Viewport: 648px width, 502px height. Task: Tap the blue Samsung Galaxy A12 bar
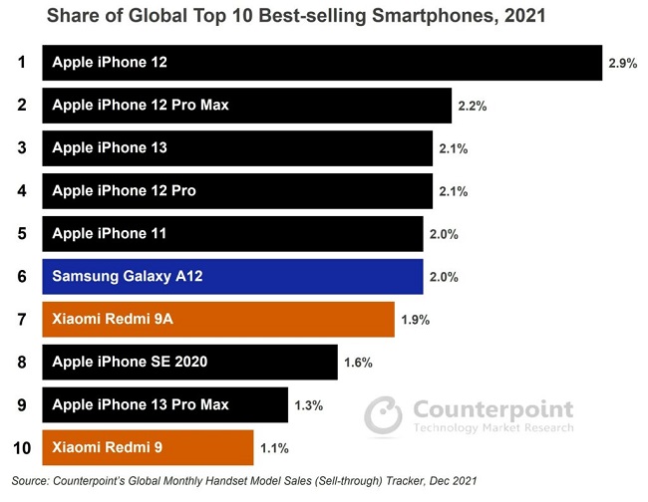pos(232,276)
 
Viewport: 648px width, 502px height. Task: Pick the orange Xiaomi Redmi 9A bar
pos(217,319)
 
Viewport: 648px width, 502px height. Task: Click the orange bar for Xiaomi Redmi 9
pos(148,447)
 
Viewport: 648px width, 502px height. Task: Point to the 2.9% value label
pos(622,63)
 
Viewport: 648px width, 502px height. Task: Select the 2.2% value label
pos(472,106)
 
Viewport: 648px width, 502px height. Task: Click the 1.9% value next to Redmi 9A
pos(414,320)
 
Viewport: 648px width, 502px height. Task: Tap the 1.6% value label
pos(358,363)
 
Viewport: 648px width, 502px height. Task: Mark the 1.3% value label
pos(310,405)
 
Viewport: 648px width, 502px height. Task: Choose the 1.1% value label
pos(274,448)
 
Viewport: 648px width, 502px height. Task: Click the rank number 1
pos(20,62)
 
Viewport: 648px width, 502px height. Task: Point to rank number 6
pos(20,276)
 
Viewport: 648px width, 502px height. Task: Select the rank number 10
pos(20,447)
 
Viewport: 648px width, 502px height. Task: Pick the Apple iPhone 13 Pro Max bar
pos(164,404)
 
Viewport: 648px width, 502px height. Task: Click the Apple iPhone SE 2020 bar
pos(188,362)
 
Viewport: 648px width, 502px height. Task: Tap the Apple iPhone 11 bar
pos(232,233)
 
